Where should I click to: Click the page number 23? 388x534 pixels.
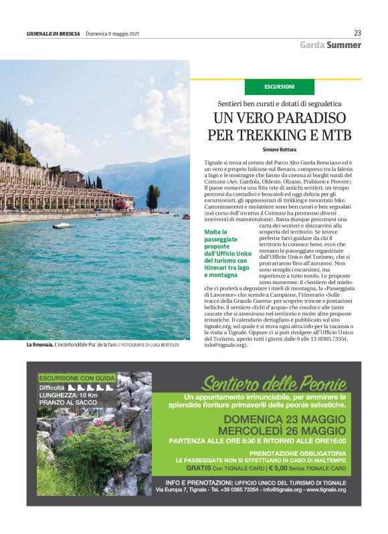[x=357, y=33]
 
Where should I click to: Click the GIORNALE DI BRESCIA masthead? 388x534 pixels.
[x=54, y=33]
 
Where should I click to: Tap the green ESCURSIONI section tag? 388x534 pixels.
[x=279, y=87]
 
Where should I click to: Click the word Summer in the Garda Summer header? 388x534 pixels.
[x=344, y=45]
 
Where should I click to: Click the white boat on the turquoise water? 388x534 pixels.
[x=64, y=225]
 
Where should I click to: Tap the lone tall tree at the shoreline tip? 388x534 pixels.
[x=153, y=197]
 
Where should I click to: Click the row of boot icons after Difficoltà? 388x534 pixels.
[x=91, y=387]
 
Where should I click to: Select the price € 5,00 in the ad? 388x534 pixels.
[x=284, y=469]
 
